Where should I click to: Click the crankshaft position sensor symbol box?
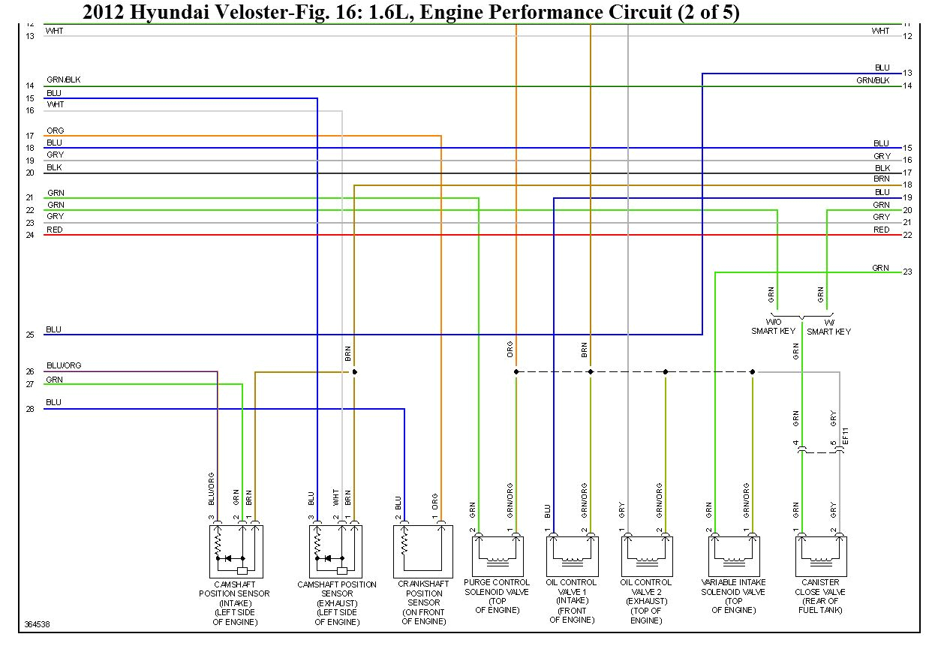422,551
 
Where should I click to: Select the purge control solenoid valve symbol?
496,554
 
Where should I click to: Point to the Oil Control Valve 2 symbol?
646,554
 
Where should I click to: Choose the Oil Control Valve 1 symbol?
572,554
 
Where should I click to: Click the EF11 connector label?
846,434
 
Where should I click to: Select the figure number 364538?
38,623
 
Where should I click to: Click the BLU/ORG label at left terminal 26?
64,365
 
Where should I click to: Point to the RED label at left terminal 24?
54,230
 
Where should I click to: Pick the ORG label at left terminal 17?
55,131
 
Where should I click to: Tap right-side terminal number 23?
907,272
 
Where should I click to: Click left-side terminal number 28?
30,409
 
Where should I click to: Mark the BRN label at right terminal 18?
882,179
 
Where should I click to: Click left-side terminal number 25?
30,335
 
